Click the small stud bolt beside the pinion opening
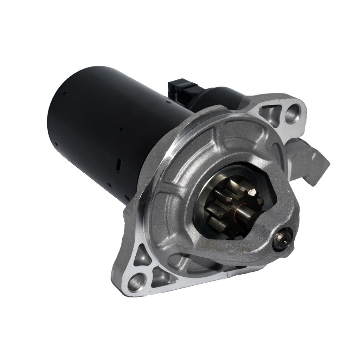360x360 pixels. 282,240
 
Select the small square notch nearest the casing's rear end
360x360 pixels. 65,94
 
